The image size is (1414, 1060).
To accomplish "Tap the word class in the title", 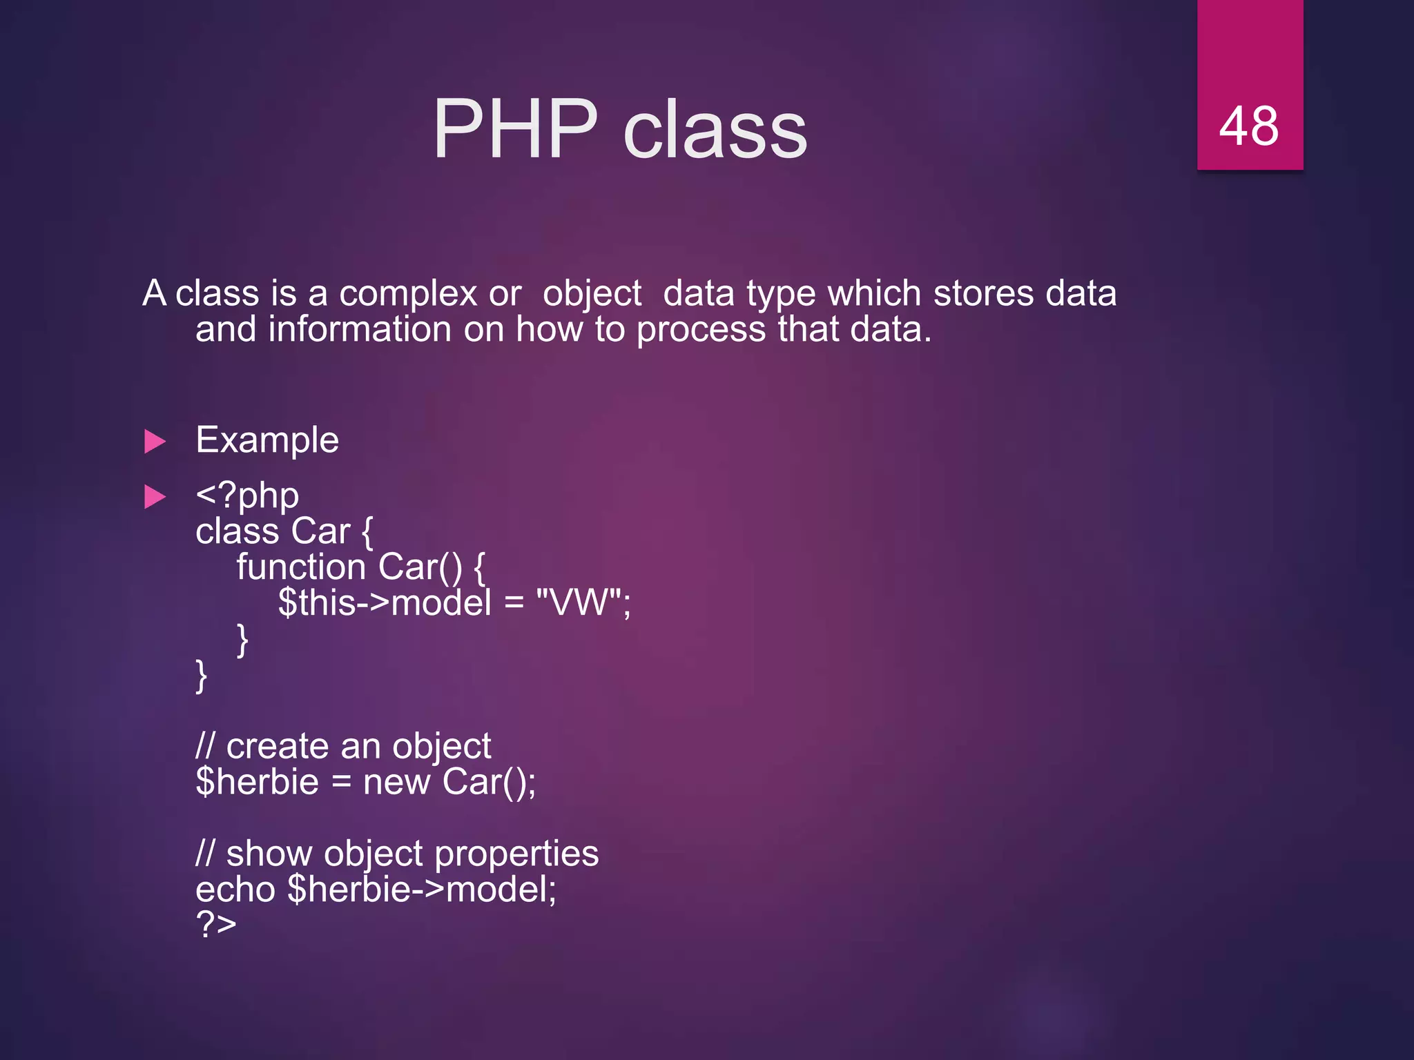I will [715, 129].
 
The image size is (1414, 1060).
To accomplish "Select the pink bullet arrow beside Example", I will [155, 442].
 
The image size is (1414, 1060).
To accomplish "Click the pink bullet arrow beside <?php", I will [155, 497].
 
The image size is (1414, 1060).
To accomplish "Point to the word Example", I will [267, 440].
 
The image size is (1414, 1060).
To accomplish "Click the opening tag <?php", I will [247, 495].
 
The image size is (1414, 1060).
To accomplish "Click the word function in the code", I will [300, 567].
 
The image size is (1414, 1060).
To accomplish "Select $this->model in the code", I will [385, 602].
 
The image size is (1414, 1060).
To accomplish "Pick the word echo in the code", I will [235, 889].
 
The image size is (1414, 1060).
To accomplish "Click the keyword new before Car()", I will [396, 782].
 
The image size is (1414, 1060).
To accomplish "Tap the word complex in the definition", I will [408, 293].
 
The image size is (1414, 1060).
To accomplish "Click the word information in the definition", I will [359, 329].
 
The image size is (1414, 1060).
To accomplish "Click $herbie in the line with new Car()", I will [257, 782].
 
